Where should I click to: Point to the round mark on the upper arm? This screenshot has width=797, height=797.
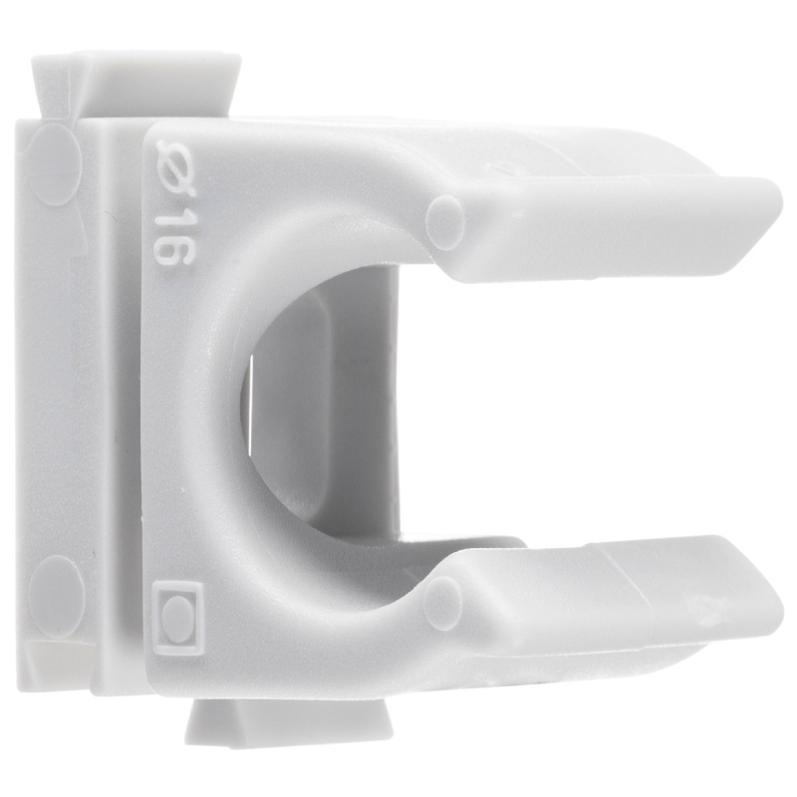445,217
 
